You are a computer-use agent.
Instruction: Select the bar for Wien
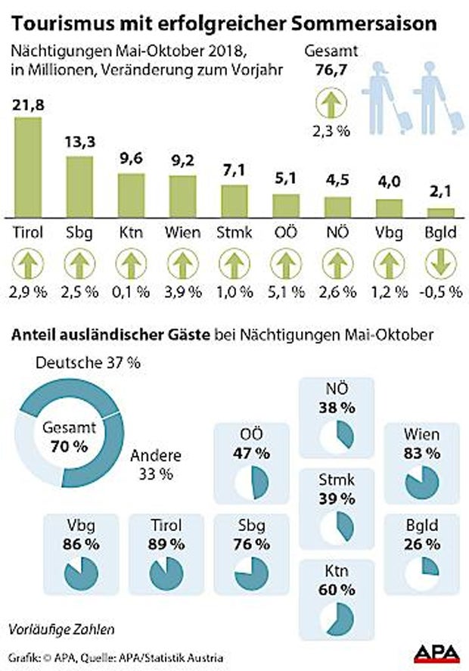[x=182, y=197]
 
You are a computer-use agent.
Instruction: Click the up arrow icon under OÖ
[x=285, y=266]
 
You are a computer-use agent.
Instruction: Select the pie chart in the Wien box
[x=421, y=483]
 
